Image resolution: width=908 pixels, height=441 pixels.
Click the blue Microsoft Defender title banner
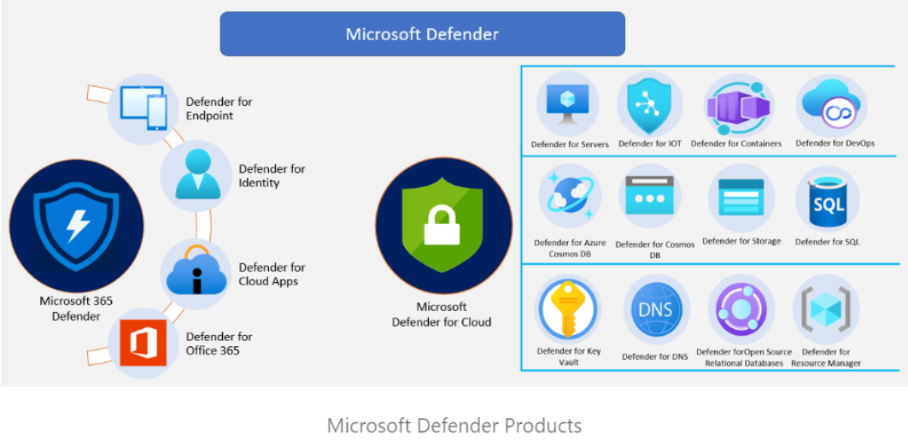(422, 34)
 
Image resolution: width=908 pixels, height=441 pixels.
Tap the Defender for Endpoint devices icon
(144, 108)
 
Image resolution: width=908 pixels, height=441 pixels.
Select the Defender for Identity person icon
(196, 174)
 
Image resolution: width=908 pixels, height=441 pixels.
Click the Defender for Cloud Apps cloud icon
(196, 272)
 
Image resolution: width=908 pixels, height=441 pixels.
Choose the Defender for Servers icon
(567, 104)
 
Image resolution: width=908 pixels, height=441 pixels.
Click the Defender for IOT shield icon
(649, 103)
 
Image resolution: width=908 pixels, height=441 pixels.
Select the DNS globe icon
(655, 309)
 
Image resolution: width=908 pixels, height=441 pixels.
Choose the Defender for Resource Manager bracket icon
(825, 309)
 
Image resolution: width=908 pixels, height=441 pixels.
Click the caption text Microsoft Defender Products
(454, 426)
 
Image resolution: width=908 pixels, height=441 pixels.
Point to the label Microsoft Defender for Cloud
(442, 315)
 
